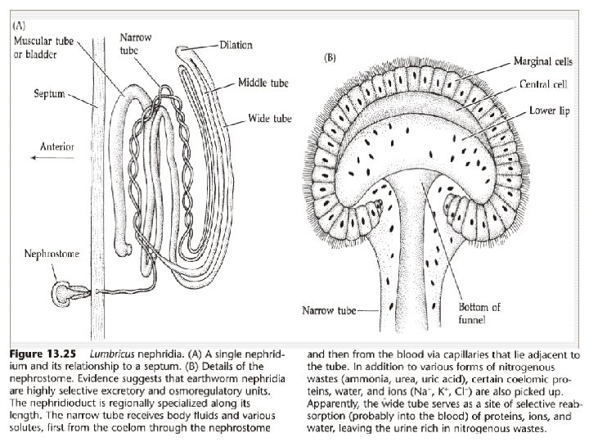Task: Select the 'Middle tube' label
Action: (x=261, y=83)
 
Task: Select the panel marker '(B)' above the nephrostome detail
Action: (x=332, y=59)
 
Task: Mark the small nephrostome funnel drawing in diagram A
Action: (x=64, y=291)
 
